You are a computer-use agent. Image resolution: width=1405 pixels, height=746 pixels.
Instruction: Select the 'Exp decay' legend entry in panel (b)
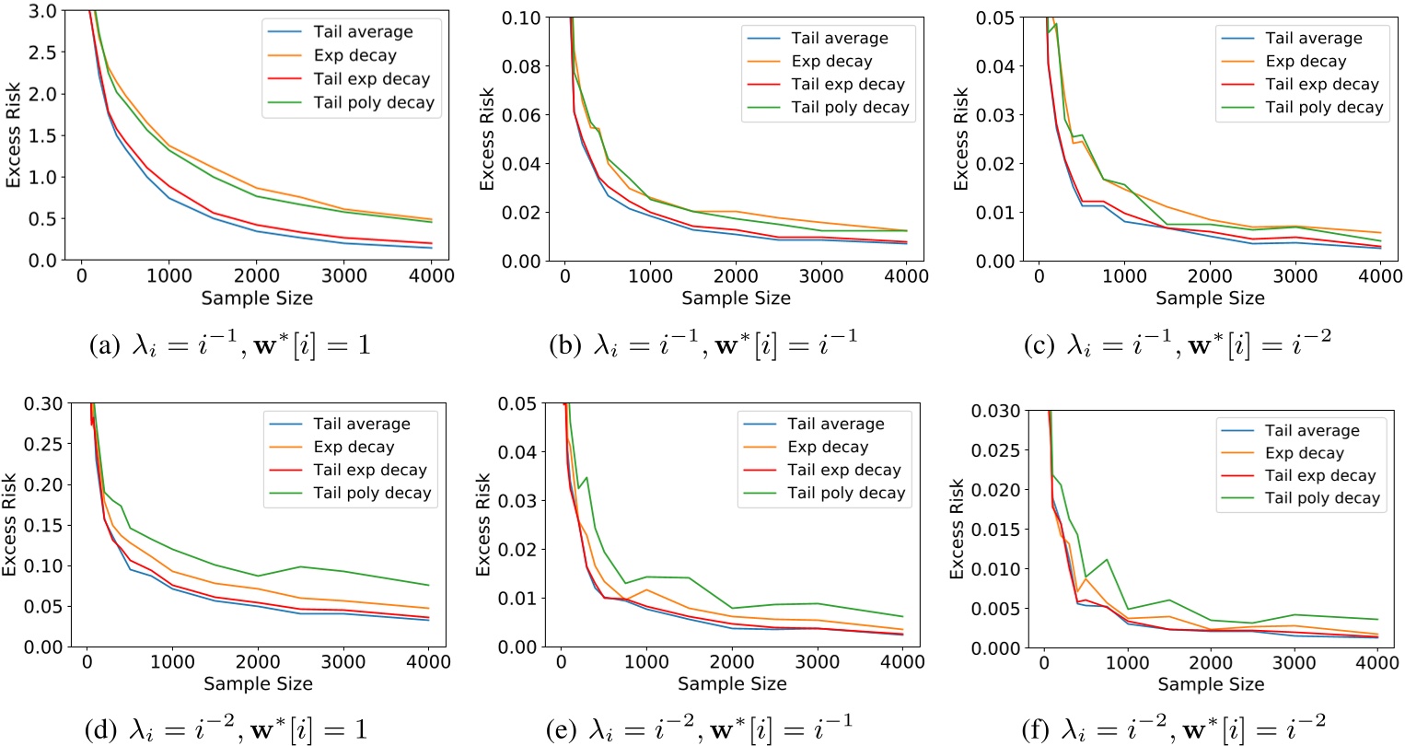pos(831,62)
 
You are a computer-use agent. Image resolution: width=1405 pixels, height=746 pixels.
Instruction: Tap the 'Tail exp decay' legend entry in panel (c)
pos(1321,85)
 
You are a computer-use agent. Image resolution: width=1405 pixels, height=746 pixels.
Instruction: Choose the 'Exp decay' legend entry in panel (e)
pos(827,448)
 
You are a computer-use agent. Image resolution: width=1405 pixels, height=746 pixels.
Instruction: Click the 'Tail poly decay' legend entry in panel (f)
pos(1322,498)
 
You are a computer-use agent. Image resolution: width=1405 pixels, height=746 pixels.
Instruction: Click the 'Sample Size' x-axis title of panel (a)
pos(258,297)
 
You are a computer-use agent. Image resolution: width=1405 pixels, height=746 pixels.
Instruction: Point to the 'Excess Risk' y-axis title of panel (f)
pos(957,528)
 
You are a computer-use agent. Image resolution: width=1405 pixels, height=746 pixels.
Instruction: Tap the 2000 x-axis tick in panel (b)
pos(736,276)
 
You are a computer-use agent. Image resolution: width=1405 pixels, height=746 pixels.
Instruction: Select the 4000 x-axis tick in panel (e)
pos(902,662)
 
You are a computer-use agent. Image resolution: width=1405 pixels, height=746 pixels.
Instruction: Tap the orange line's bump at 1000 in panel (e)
pos(646,589)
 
